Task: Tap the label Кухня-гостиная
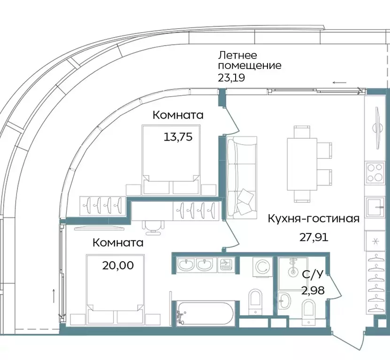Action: (x=314, y=218)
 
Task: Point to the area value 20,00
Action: (x=118, y=265)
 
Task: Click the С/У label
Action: (x=311, y=275)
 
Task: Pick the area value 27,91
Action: (x=314, y=237)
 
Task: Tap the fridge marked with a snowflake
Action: (x=375, y=241)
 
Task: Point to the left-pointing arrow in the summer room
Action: (x=340, y=82)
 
